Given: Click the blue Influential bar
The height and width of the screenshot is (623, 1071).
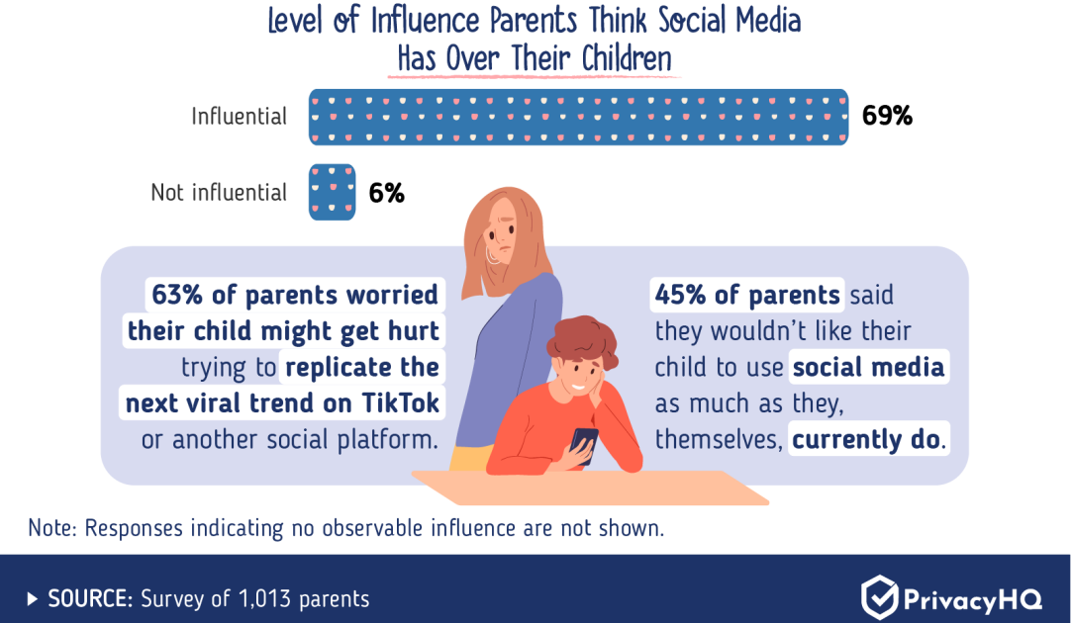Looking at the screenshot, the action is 578,117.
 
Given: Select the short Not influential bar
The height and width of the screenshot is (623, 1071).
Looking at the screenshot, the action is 332,192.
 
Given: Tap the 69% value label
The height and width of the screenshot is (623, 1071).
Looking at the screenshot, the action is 887,116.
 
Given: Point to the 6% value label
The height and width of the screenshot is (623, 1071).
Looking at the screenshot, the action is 387,193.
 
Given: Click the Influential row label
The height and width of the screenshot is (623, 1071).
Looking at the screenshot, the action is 240,117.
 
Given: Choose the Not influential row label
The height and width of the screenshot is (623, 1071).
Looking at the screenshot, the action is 219,193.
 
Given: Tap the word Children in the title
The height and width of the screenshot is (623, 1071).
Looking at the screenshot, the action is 627,58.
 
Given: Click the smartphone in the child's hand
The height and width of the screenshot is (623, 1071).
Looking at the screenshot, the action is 583,446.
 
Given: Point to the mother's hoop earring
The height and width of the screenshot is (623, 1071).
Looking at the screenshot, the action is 492,254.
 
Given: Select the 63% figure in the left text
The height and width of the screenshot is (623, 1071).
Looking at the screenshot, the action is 177,295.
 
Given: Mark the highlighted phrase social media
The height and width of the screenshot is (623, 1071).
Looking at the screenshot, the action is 869,367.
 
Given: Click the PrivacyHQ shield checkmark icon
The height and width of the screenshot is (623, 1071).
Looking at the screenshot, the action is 879,597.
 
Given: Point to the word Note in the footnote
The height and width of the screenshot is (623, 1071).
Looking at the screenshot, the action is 49,528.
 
